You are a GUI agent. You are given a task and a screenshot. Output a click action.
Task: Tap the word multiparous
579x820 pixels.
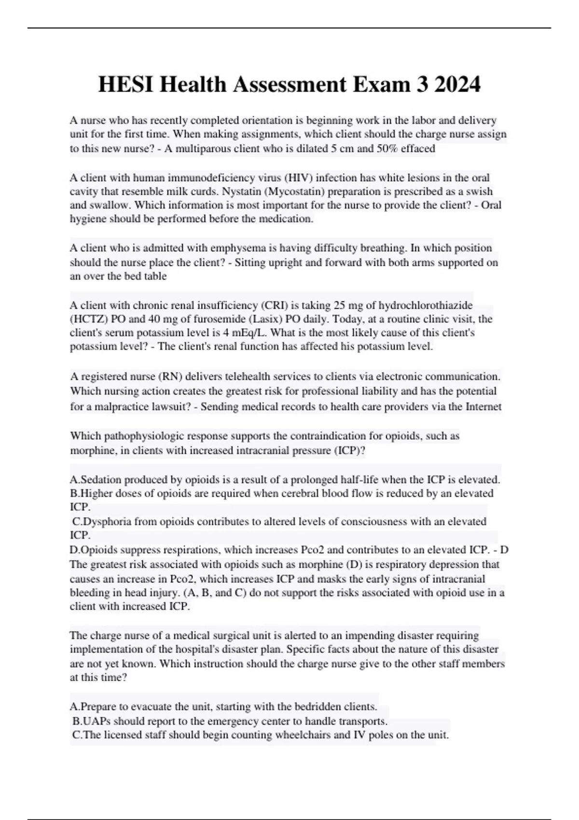coord(203,149)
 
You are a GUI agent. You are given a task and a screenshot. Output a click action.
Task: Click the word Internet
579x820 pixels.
coord(483,407)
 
